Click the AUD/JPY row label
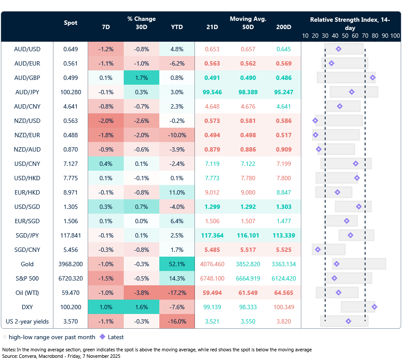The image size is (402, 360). coord(27,92)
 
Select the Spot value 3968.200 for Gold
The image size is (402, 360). coord(70,264)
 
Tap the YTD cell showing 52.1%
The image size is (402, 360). coord(177,264)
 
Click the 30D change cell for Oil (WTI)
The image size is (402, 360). coord(141,293)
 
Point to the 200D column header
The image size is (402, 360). coord(283,27)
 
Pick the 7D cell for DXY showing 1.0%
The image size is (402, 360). coord(105,307)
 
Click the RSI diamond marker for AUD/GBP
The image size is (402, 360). coord(372,78)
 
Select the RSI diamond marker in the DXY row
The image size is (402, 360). coord(374,307)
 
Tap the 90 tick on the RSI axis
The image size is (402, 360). coord(385,36)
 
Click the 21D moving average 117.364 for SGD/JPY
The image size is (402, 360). coord(212,235)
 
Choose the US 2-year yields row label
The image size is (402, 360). coord(27,321)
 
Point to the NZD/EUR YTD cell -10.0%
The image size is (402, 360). coord(177,135)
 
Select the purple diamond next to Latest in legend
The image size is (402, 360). coord(102,337)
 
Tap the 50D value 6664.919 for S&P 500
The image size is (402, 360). coord(248,278)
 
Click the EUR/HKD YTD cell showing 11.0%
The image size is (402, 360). coord(177,192)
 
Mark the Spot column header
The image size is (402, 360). coord(70,23)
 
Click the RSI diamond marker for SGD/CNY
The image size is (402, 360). coord(318,250)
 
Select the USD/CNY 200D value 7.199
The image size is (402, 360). coord(283,164)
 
